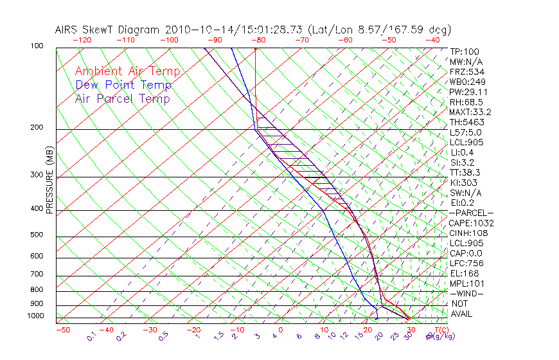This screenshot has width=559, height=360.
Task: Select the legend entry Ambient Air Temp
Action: click(x=128, y=72)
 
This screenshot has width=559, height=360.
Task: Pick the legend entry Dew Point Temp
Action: click(x=123, y=85)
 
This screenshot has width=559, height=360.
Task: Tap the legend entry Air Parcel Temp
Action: click(x=123, y=99)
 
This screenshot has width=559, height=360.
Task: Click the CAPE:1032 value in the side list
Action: click(x=471, y=223)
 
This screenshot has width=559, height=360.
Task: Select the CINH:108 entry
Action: click(x=468, y=233)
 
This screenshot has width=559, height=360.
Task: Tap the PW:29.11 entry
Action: click(x=468, y=92)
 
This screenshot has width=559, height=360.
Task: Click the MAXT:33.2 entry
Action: click(x=470, y=113)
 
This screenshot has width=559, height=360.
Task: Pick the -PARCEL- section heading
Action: click(x=471, y=213)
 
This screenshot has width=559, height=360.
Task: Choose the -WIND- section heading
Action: click(x=466, y=294)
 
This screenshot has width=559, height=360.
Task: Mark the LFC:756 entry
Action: click(x=466, y=264)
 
